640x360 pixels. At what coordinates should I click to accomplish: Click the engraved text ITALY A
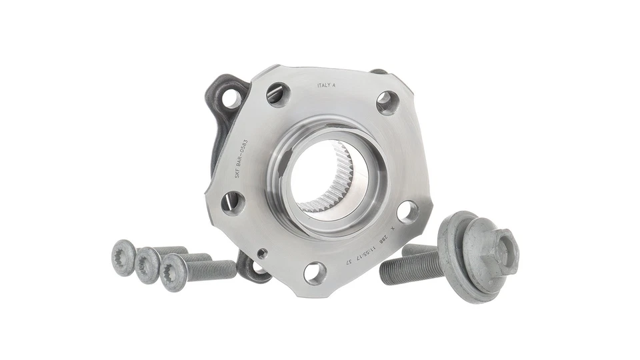327,85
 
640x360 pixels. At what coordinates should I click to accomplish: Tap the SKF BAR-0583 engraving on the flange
242,159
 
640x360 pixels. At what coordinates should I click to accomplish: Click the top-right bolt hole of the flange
387,102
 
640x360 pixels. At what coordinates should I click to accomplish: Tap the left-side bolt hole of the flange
233,202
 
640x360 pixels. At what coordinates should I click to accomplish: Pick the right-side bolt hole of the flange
407,211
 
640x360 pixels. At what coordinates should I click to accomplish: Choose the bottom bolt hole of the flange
315,272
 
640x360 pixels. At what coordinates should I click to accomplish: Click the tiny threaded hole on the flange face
262,253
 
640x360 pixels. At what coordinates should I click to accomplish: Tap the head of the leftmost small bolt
125,257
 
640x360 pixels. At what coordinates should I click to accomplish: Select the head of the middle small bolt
147,265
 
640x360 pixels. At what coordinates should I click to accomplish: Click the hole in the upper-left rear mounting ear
231,98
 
